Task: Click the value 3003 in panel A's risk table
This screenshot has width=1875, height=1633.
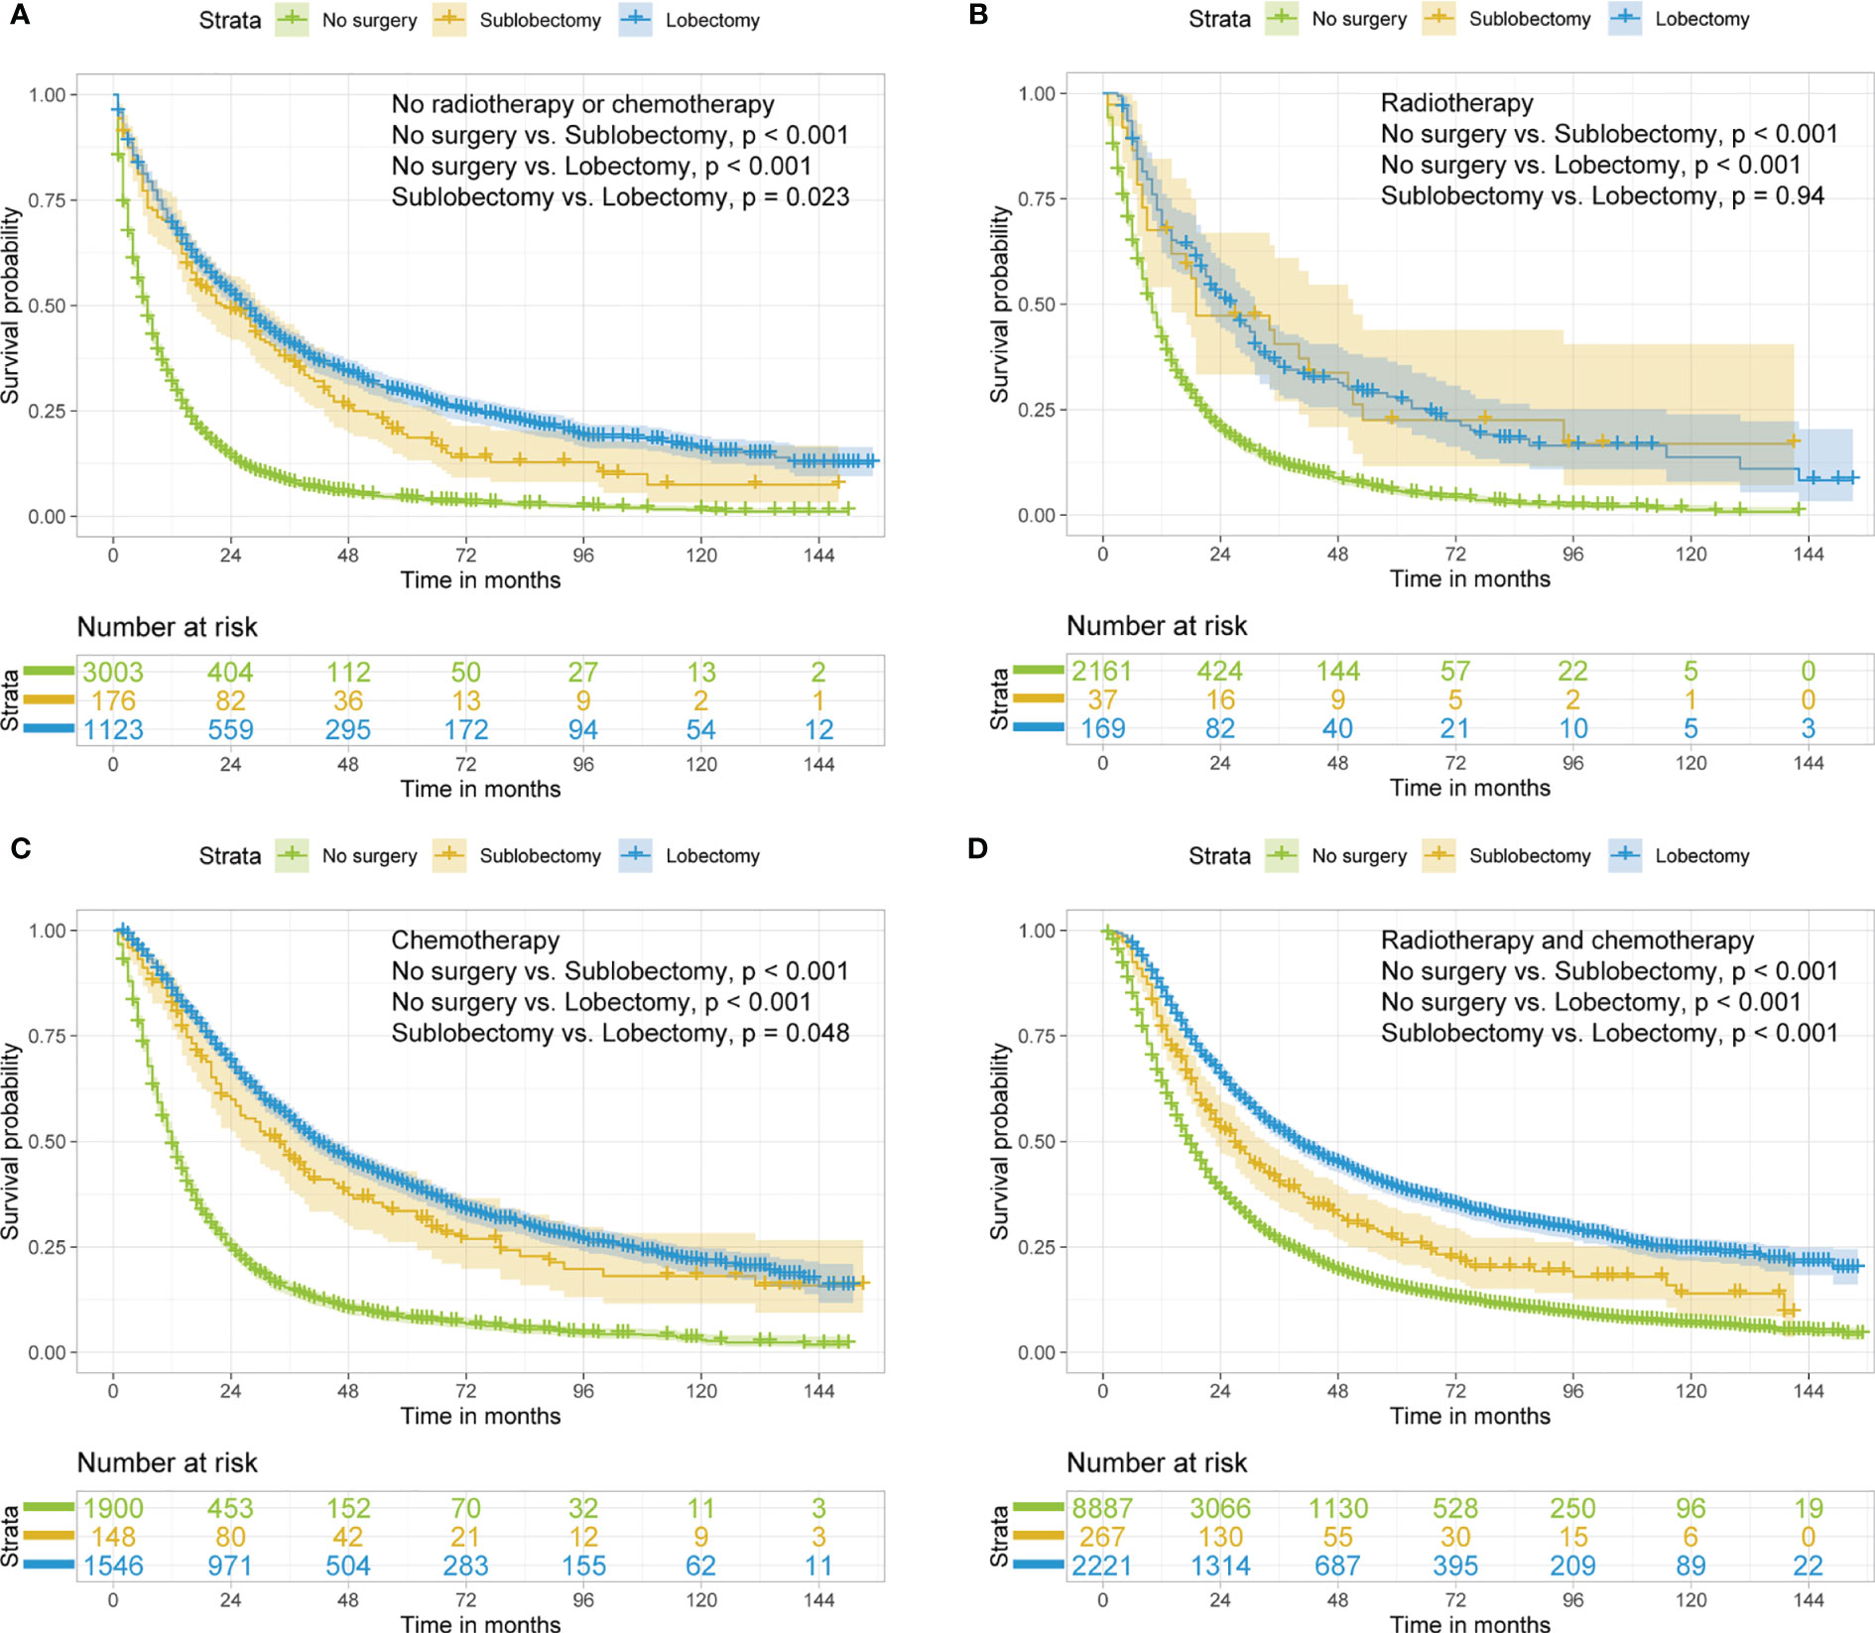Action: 113,673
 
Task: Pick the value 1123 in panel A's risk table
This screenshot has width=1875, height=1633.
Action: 113,730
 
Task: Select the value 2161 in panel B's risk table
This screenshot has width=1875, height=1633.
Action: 1102,672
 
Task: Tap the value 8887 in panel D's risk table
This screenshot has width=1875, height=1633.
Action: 1102,1509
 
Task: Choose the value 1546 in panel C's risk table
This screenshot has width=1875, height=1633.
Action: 113,1567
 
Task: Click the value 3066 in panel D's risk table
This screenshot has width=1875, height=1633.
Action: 1220,1509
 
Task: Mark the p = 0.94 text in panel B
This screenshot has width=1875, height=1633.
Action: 1778,196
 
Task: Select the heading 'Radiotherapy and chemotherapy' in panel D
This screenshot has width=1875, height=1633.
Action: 1567,941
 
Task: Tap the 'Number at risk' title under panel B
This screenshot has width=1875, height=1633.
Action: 1157,626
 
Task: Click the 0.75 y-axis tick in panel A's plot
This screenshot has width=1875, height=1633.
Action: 47,200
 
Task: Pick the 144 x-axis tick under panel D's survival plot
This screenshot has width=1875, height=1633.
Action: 1809,1391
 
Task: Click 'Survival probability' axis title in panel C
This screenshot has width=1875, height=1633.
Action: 11,1141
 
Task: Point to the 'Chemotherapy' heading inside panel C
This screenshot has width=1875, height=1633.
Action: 475,941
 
